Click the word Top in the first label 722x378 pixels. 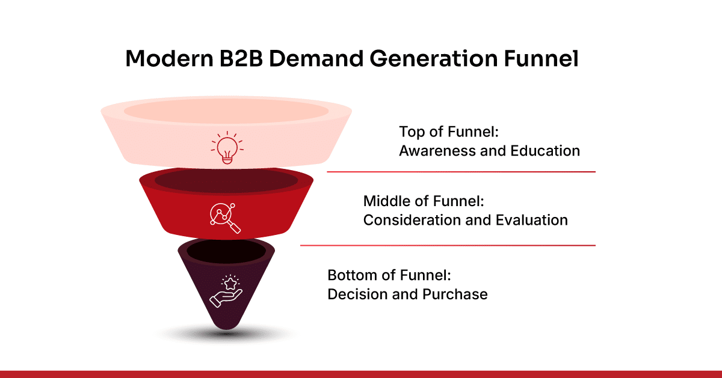410,132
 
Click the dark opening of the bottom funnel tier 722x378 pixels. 226,249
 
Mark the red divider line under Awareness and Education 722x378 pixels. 461,172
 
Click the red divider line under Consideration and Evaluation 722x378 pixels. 448,245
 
